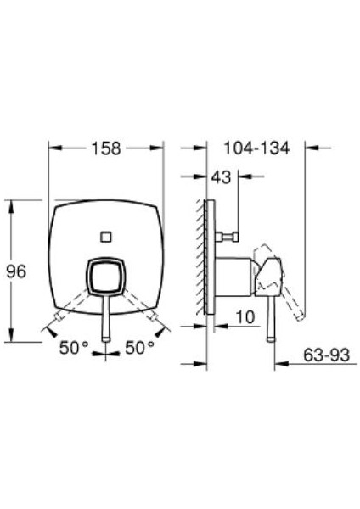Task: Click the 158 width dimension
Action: (106, 148)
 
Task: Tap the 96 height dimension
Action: (16, 271)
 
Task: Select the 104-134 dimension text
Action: (256, 148)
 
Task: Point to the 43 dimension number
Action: (221, 177)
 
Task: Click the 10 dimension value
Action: (245, 316)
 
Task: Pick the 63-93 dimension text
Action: (326, 355)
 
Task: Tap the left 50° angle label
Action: (74, 348)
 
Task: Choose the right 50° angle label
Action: (140, 348)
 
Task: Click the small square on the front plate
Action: (106, 237)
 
